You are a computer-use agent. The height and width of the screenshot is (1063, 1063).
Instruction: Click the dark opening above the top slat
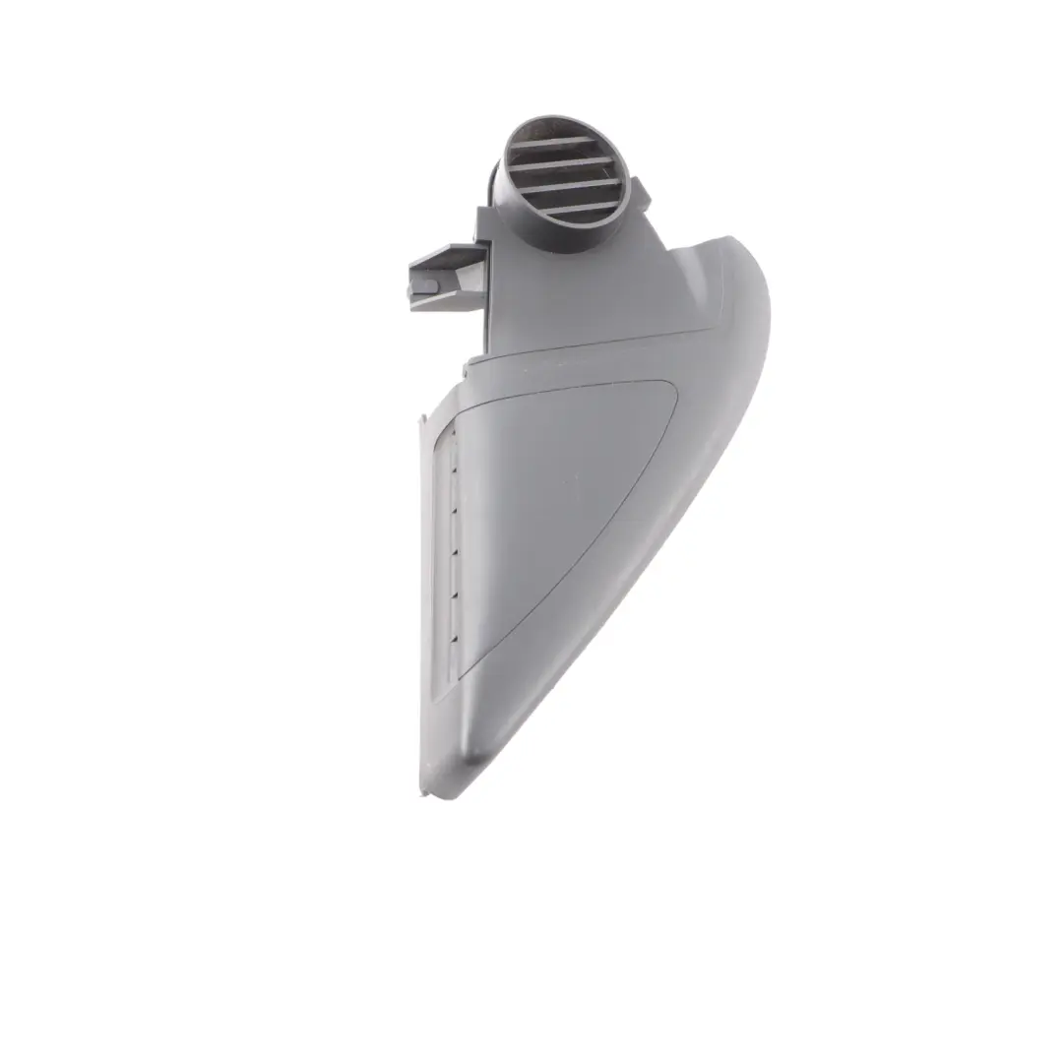click(546, 129)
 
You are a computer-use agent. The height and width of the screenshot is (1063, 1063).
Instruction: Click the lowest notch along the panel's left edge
click(454, 637)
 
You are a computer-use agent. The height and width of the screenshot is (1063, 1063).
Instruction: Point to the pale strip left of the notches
click(445, 541)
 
